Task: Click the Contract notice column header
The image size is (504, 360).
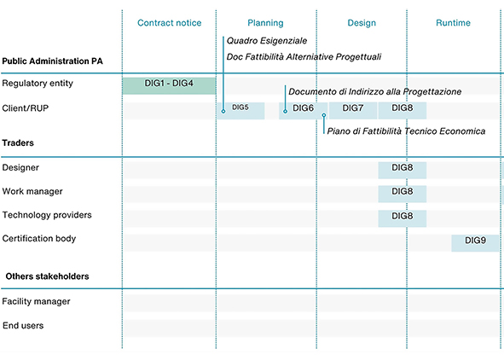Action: pyautogui.click(x=169, y=23)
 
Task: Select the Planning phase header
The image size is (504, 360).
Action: pyautogui.click(x=265, y=23)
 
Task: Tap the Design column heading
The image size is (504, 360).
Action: pyautogui.click(x=362, y=23)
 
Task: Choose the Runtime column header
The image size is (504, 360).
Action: pyautogui.click(x=453, y=23)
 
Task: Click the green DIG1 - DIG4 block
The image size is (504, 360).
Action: pyautogui.click(x=169, y=85)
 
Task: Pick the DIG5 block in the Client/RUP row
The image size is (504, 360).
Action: pyautogui.click(x=241, y=109)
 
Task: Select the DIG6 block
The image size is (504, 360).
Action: pyautogui.click(x=303, y=109)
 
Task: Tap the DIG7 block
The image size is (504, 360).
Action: pyautogui.click(x=353, y=109)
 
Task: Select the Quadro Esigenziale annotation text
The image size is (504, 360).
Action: pyautogui.click(x=266, y=41)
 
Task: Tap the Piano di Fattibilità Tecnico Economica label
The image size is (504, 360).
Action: pyautogui.click(x=406, y=131)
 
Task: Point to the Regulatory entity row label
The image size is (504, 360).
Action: pyautogui.click(x=38, y=84)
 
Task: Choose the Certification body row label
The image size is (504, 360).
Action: pyautogui.click(x=39, y=239)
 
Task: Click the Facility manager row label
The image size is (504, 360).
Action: pyautogui.click(x=37, y=302)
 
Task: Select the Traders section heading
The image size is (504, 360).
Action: pyautogui.click(x=18, y=143)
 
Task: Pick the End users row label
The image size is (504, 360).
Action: pyautogui.click(x=24, y=326)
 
